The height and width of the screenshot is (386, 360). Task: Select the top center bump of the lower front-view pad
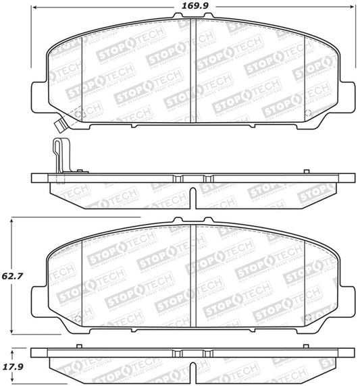(193, 221)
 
